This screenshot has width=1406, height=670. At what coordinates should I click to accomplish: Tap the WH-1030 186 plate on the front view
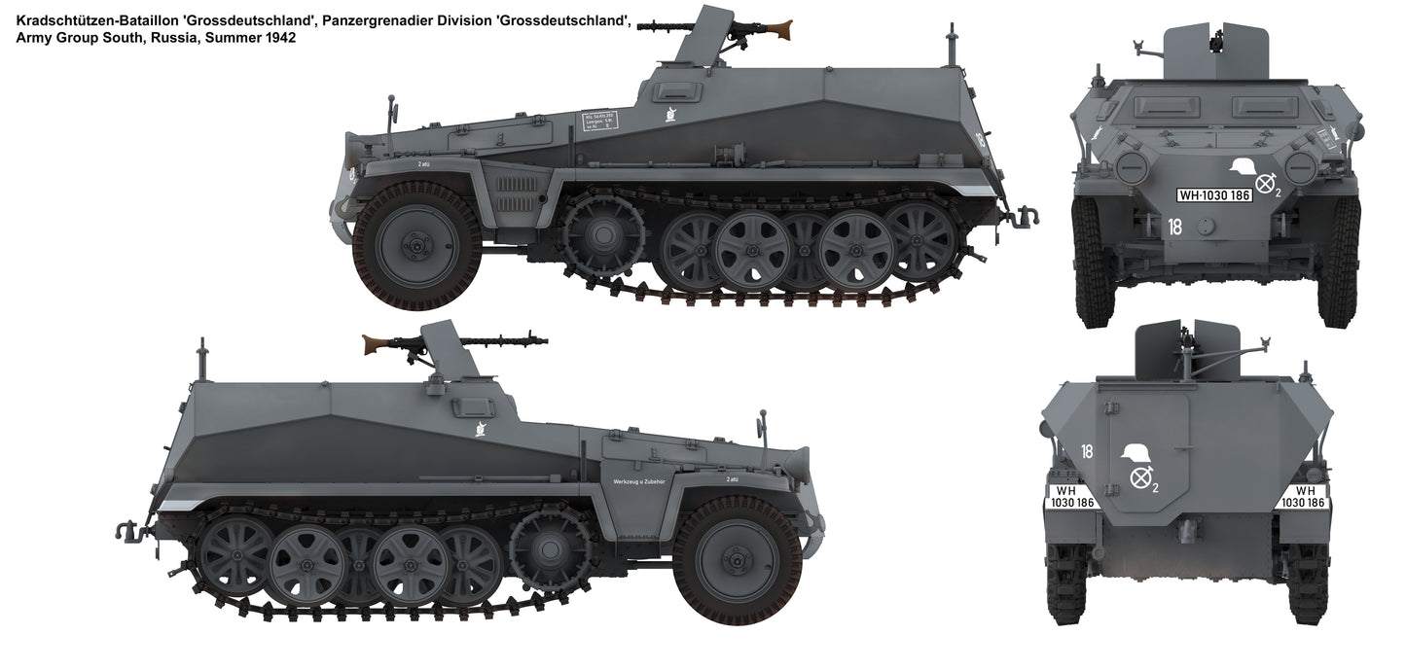(1213, 195)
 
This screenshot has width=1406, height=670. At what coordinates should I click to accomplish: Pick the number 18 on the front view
(1174, 228)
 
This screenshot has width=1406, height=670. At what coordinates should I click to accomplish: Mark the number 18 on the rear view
(1087, 451)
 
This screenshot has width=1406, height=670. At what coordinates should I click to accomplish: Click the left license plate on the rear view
(1070, 497)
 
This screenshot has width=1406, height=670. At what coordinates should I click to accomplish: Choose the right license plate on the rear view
(1304, 497)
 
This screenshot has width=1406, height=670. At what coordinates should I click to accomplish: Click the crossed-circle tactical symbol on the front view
(1265, 183)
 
